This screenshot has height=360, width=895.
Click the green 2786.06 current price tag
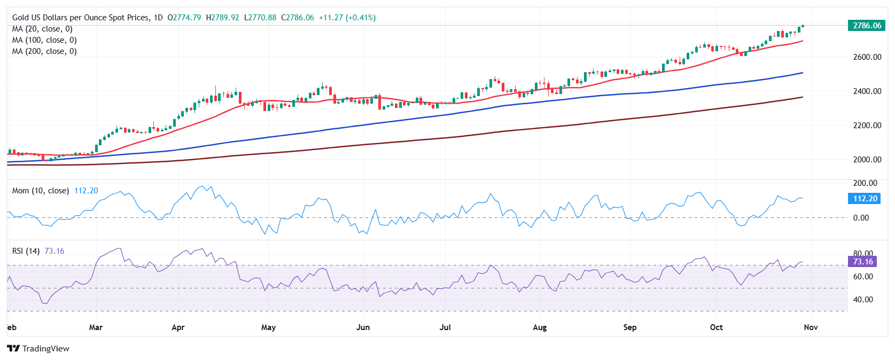pyautogui.click(x=866, y=26)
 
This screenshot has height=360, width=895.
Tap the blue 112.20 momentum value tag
pyautogui.click(x=865, y=199)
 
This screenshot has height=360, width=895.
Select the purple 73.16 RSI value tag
pyautogui.click(x=862, y=262)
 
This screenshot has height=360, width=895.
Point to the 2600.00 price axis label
pyautogui.click(x=867, y=57)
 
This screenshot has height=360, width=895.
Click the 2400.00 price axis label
pyautogui.click(x=867, y=91)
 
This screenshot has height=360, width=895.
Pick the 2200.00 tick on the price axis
pyautogui.click(x=867, y=126)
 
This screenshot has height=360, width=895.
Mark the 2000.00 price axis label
pyautogui.click(x=867, y=160)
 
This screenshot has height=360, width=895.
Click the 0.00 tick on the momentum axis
pyautogui.click(x=861, y=218)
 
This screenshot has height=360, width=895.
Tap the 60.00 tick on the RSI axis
pyautogui.click(x=863, y=277)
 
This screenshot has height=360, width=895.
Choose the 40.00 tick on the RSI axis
pyautogui.click(x=863, y=300)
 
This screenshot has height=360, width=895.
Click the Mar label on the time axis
pyautogui.click(x=96, y=327)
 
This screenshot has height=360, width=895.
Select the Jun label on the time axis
pyautogui.click(x=363, y=327)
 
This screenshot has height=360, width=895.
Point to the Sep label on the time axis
pyautogui.click(x=630, y=327)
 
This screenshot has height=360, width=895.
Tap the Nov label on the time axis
pyautogui.click(x=811, y=327)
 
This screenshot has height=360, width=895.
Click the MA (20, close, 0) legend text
pyautogui.click(x=42, y=29)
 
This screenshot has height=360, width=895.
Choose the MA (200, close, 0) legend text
pyautogui.click(x=44, y=51)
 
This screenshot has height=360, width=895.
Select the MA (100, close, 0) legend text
pyautogui.click(x=44, y=40)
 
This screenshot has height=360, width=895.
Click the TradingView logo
pyautogui.click(x=38, y=349)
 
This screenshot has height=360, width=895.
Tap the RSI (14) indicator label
pyautogui.click(x=26, y=251)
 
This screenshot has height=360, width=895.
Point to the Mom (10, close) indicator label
pyautogui.click(x=41, y=191)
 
